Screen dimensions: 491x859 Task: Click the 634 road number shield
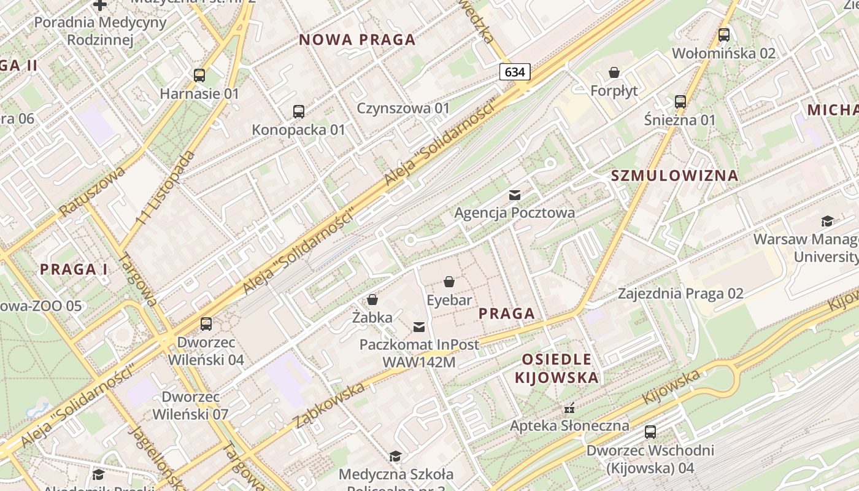pyautogui.click(x=514, y=72)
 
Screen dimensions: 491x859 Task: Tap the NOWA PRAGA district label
pyautogui.click(x=357, y=41)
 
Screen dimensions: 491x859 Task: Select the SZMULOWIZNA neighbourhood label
pyautogui.click(x=675, y=176)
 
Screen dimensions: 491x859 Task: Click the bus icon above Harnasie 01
pyautogui.click(x=199, y=75)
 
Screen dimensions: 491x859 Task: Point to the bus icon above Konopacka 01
pyautogui.click(x=299, y=112)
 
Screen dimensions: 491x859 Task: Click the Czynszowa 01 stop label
pyautogui.click(x=404, y=109)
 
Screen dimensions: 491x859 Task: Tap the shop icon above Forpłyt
pyautogui.click(x=614, y=72)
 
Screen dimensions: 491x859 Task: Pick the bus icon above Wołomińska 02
pyautogui.click(x=724, y=35)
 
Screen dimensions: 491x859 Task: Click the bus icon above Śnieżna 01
pyautogui.click(x=680, y=102)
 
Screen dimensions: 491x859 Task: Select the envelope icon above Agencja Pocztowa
pyautogui.click(x=515, y=195)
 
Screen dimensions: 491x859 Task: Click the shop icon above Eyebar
pyautogui.click(x=449, y=282)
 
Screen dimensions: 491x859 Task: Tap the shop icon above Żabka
pyautogui.click(x=372, y=300)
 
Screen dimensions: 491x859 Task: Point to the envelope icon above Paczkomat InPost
pyautogui.click(x=419, y=327)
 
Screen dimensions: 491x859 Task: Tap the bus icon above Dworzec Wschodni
pyautogui.click(x=650, y=432)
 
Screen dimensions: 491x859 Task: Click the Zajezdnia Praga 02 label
pyautogui.click(x=680, y=293)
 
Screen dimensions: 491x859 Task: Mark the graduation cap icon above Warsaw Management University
pyautogui.click(x=827, y=221)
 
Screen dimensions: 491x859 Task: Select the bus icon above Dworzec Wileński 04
pyautogui.click(x=206, y=323)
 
